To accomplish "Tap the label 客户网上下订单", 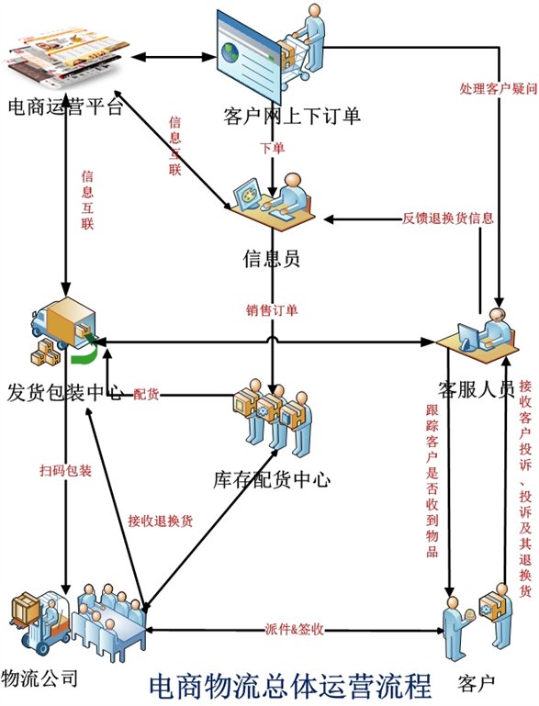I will pyautogui.click(x=279, y=116).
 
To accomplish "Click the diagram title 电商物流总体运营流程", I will pyautogui.click(x=290, y=685).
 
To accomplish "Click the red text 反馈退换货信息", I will pyautogui.click(x=448, y=219).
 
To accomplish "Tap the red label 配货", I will pyautogui.click(x=146, y=394).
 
